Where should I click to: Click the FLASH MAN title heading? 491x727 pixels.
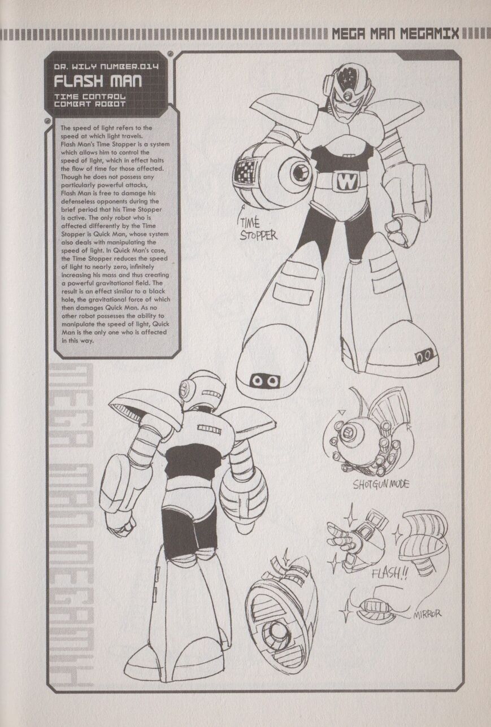tap(97, 81)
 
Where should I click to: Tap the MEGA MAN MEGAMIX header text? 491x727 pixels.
tap(396, 34)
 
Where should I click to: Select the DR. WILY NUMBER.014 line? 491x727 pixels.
tap(106, 67)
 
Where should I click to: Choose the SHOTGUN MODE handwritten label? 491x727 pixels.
tap(381, 485)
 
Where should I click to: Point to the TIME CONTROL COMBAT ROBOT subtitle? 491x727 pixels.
tap(90, 101)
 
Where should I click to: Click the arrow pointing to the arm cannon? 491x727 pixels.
tap(241, 215)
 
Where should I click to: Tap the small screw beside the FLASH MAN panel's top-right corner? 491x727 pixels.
tap(171, 53)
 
